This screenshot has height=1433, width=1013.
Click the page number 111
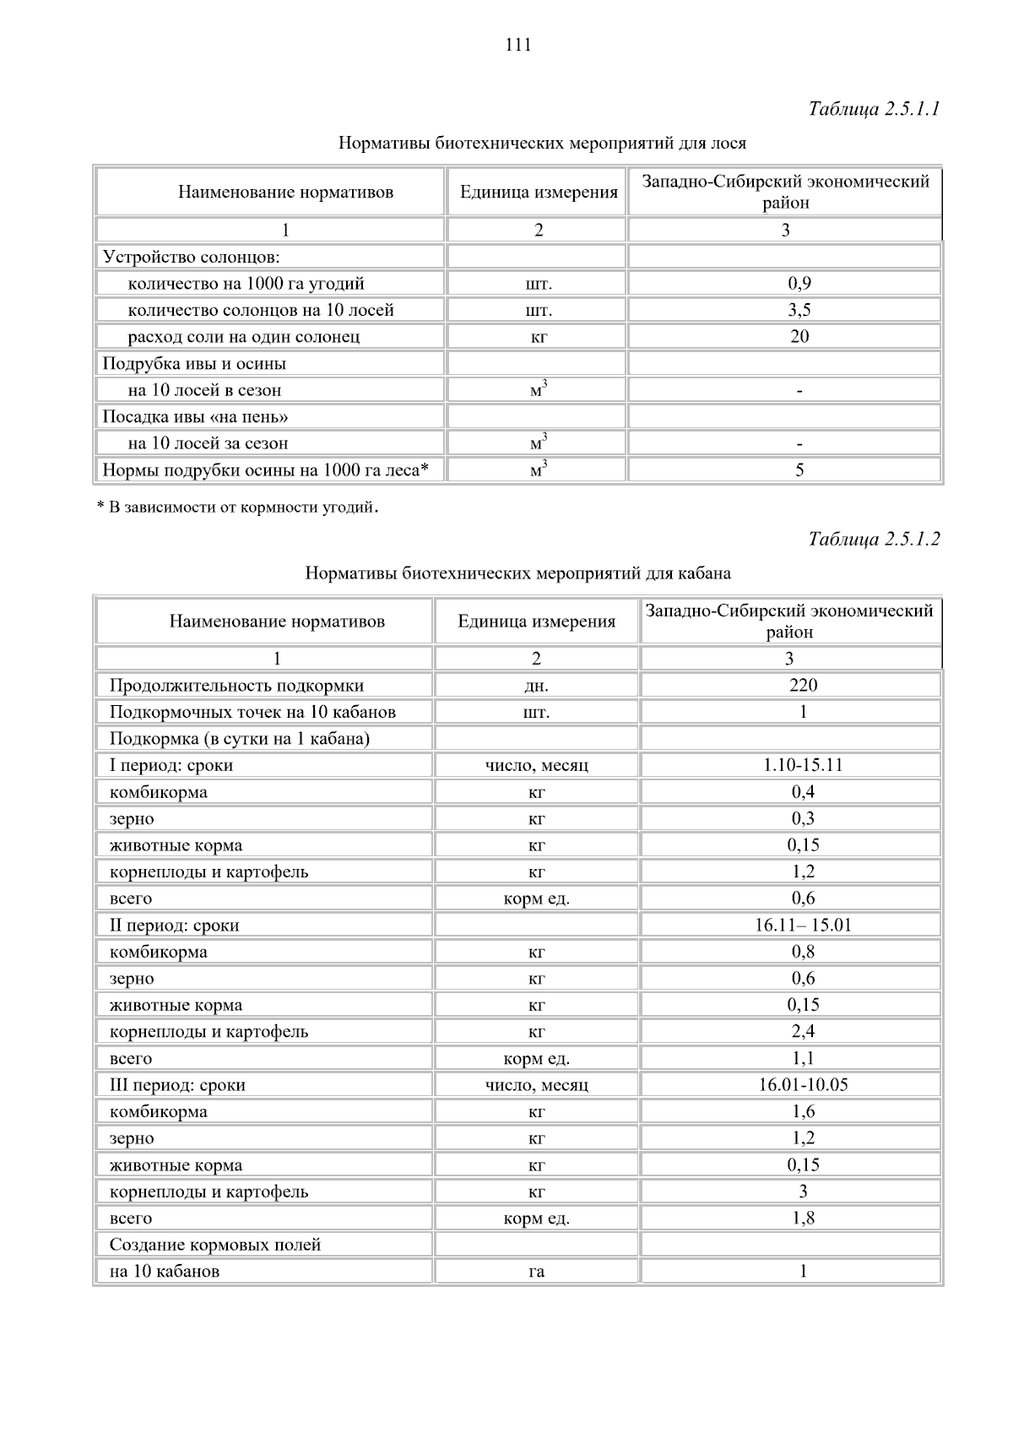pyautogui.click(x=518, y=46)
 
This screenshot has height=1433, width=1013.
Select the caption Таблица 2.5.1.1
pyautogui.click(x=874, y=109)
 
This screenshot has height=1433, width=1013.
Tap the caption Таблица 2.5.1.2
pyautogui.click(x=874, y=539)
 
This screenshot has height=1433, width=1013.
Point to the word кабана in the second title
pyautogui.click(x=705, y=573)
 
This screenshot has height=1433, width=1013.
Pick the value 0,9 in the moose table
pyautogui.click(x=799, y=284)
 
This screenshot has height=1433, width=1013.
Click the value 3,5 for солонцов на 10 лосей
pyautogui.click(x=799, y=310)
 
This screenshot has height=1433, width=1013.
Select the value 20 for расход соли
pyautogui.click(x=799, y=337)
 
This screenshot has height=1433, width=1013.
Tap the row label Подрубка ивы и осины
pyautogui.click(x=194, y=364)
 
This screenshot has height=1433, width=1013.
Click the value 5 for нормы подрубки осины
pyautogui.click(x=799, y=470)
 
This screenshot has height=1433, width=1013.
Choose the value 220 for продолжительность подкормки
pyautogui.click(x=803, y=686)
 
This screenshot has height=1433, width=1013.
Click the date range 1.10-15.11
pyautogui.click(x=803, y=765)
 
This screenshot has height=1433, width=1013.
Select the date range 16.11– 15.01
pyautogui.click(x=803, y=925)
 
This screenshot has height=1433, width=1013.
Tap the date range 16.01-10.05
pyautogui.click(x=803, y=1085)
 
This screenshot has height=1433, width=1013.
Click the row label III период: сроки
pyautogui.click(x=177, y=1085)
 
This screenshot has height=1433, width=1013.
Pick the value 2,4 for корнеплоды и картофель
pyautogui.click(x=803, y=1032)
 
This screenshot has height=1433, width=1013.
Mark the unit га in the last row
pyautogui.click(x=536, y=1272)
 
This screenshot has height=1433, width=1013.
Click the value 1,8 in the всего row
pyautogui.click(x=803, y=1219)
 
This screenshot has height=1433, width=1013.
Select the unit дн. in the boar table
pyautogui.click(x=536, y=686)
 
